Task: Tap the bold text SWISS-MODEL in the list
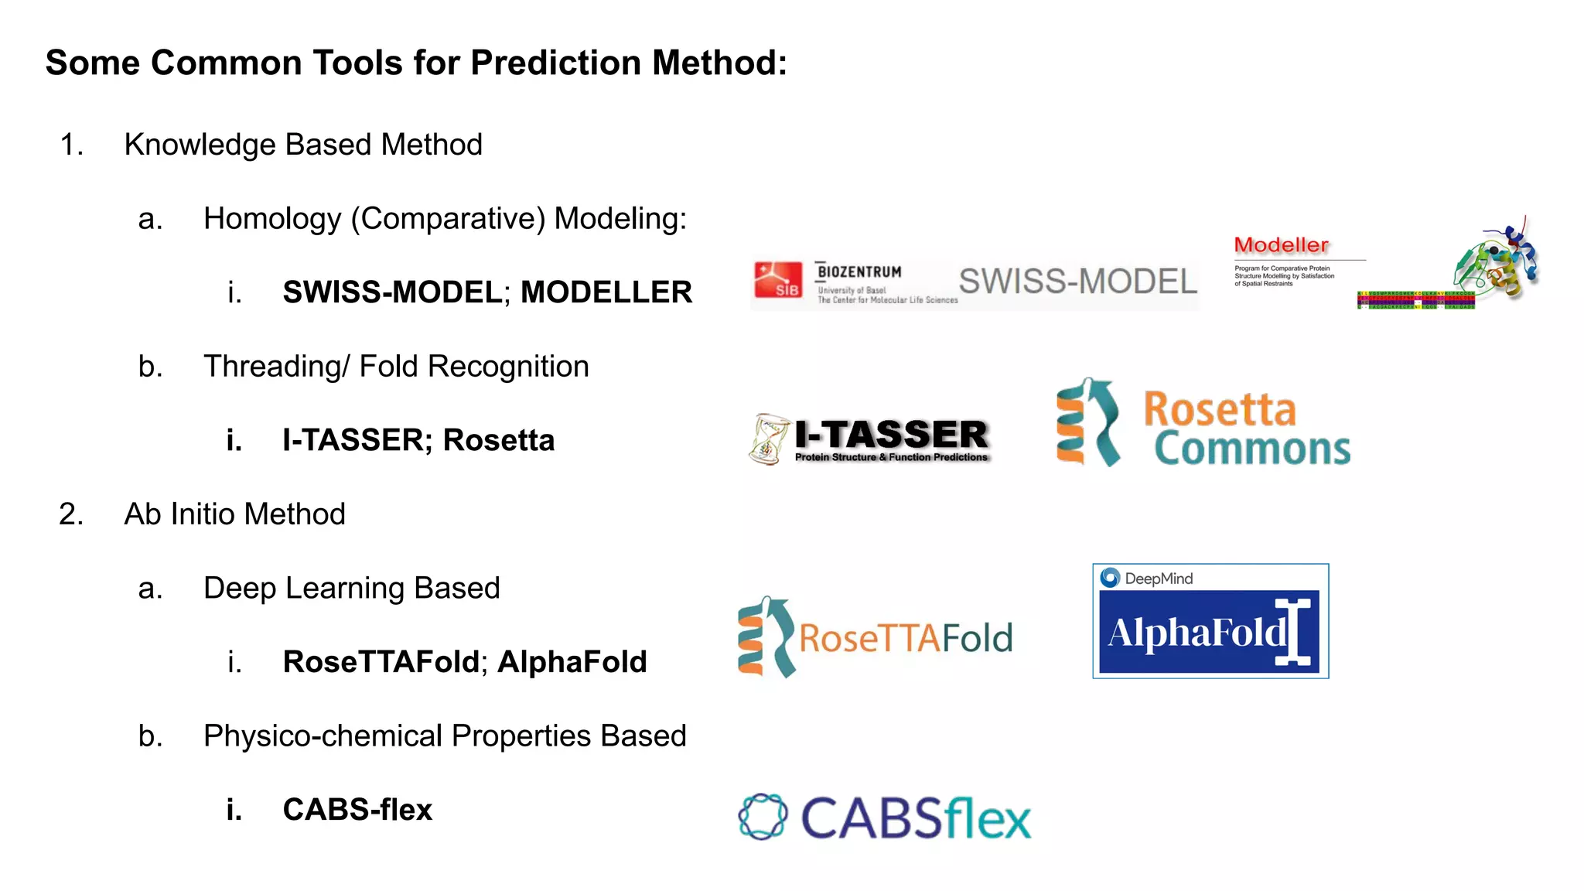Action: click(x=393, y=292)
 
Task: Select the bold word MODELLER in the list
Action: click(x=606, y=292)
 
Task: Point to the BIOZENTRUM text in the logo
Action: click(x=859, y=271)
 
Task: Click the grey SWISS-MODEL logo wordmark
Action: click(x=1078, y=282)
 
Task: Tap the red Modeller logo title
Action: click(x=1281, y=245)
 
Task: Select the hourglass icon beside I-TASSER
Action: click(x=768, y=439)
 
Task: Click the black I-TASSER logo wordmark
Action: click(x=892, y=434)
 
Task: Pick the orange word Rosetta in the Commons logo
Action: click(x=1220, y=409)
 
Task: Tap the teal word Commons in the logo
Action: click(x=1252, y=449)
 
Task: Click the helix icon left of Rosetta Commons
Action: click(x=1087, y=422)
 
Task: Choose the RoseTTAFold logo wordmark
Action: click(x=906, y=638)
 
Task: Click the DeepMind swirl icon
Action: click(x=1110, y=578)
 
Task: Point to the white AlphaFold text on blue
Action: click(x=1197, y=633)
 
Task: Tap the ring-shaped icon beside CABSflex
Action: click(x=763, y=817)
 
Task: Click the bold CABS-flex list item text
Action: click(x=357, y=810)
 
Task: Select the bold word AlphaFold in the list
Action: click(x=572, y=662)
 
